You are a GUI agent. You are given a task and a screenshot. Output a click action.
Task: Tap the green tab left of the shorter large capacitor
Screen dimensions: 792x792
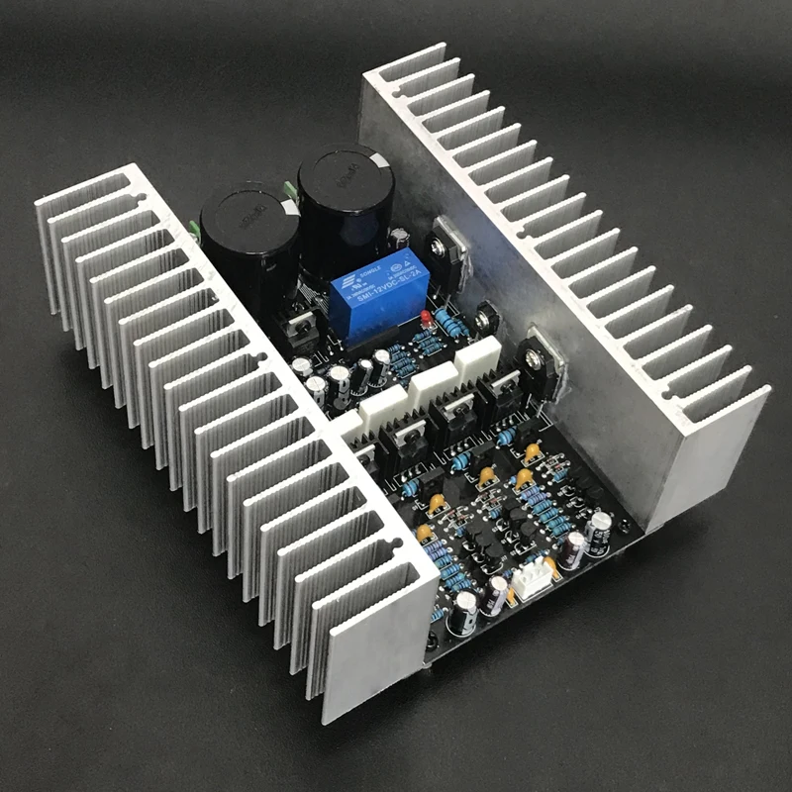(x=194, y=232)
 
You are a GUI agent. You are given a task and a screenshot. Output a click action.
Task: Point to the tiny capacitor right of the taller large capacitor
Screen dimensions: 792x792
(x=401, y=239)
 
